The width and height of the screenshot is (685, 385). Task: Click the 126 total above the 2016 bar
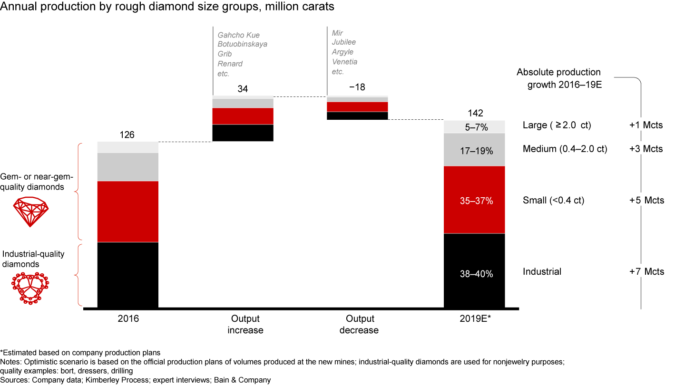click(x=127, y=135)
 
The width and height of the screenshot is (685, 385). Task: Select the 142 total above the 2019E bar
click(x=475, y=113)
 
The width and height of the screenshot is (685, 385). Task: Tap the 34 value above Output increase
click(x=243, y=89)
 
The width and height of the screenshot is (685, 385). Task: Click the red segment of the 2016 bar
click(x=128, y=212)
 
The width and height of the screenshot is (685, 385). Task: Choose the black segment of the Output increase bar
click(x=243, y=133)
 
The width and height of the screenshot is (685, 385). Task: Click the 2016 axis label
click(x=128, y=319)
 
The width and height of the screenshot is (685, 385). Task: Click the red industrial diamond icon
click(x=30, y=287)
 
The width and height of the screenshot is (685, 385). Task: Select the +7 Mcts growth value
click(x=646, y=272)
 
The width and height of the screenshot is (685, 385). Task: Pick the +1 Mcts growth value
click(x=646, y=125)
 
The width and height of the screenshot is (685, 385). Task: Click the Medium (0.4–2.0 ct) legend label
click(x=565, y=149)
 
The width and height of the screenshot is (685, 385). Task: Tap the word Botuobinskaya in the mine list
click(x=242, y=44)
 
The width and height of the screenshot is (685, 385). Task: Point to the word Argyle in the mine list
click(x=342, y=52)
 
